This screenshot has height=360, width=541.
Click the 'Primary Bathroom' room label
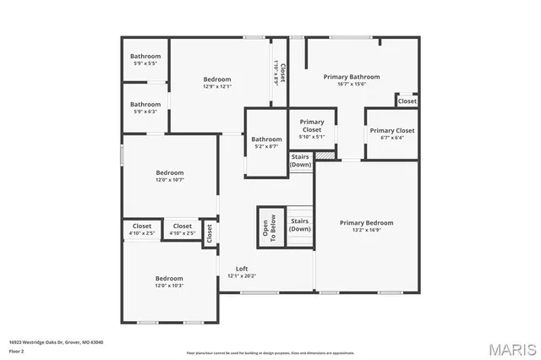(352, 76)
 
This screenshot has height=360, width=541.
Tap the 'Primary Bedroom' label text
(366, 222)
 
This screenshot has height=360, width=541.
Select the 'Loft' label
(242, 268)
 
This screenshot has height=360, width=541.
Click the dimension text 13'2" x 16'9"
(366, 230)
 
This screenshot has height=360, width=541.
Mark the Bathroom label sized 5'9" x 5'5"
(145, 56)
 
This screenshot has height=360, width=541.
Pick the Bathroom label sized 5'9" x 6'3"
(145, 105)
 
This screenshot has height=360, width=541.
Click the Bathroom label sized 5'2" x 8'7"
(266, 139)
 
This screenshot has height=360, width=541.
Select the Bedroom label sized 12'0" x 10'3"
(169, 278)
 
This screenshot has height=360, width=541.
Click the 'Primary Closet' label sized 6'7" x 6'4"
(392, 130)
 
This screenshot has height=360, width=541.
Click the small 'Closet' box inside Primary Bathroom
(407, 101)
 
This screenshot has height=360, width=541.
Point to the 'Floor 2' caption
(18, 351)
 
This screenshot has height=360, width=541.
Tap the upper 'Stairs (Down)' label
(301, 161)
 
